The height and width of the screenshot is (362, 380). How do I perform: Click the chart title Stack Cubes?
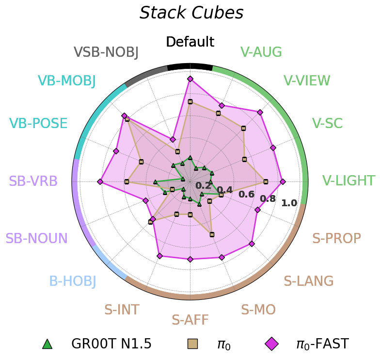191,13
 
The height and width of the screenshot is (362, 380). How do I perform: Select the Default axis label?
190,42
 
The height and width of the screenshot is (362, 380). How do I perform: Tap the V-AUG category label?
261,52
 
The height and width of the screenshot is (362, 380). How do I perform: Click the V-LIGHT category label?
348,181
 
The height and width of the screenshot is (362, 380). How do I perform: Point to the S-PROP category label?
336,238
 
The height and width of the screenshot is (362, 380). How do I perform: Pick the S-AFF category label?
190,320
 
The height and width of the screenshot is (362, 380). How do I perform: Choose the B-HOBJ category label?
73,281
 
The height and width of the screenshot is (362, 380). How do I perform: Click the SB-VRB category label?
33,181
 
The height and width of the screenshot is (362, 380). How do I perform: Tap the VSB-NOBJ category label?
106,52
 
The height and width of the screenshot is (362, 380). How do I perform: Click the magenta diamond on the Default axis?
190,79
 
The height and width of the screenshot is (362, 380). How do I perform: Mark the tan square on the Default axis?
190,101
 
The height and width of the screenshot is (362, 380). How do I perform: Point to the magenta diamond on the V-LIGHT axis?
283,181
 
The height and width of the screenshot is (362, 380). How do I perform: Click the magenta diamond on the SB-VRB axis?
100,181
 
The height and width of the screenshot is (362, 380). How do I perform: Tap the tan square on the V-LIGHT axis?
266,181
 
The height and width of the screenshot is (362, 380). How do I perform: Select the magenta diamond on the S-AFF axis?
190,259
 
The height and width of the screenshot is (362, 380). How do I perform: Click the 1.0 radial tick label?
289,203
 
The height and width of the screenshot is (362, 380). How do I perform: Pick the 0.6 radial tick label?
247,194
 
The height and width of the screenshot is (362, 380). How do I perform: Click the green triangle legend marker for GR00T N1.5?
47,344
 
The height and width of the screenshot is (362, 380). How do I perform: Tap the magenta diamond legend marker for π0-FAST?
271,344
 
